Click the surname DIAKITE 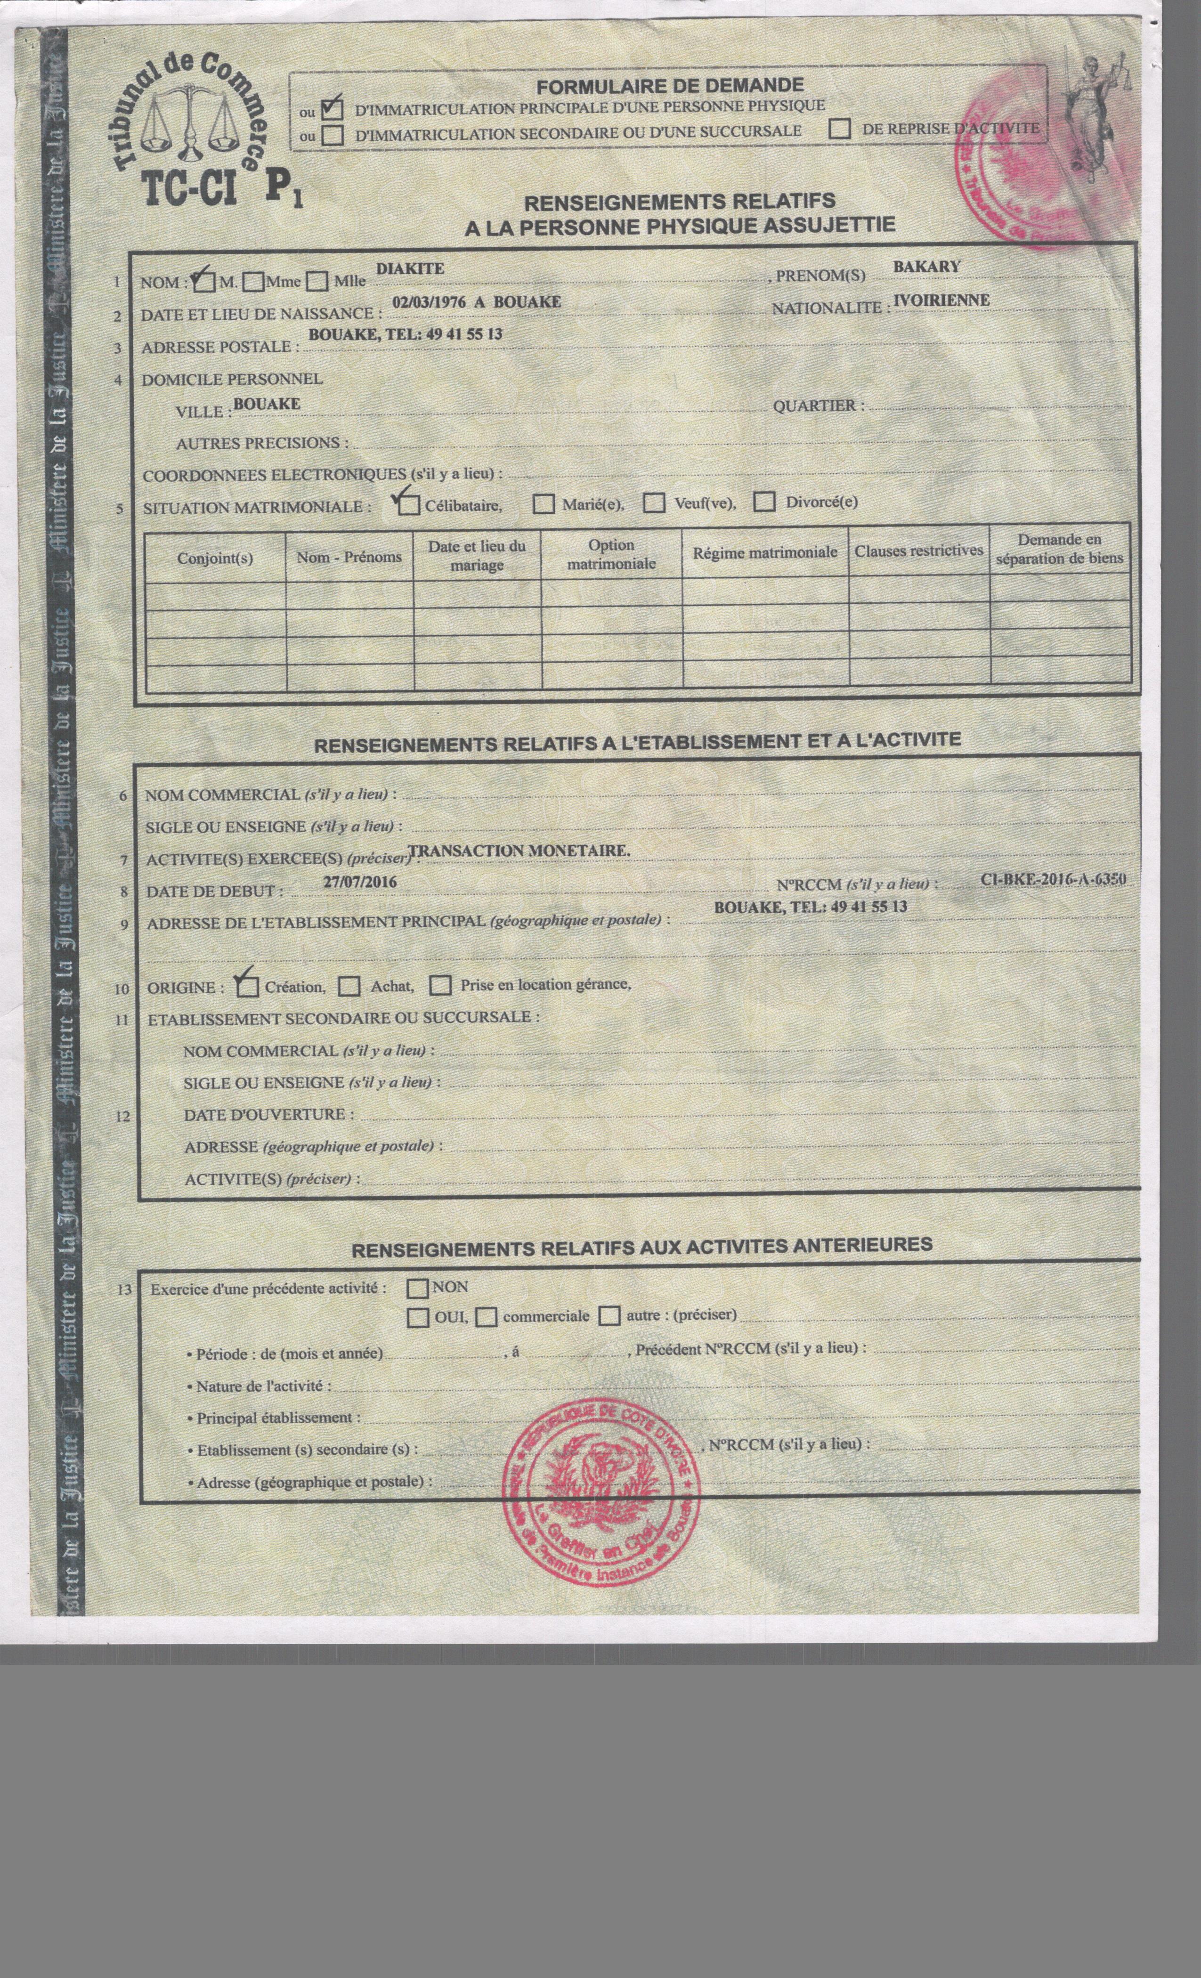point(410,269)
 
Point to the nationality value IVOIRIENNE point(941,300)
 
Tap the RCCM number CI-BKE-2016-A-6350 point(1053,879)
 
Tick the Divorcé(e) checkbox point(765,502)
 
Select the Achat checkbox point(349,986)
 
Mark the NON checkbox point(417,1289)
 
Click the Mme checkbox point(254,282)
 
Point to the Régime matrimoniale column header point(765,552)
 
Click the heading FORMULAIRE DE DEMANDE point(670,86)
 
